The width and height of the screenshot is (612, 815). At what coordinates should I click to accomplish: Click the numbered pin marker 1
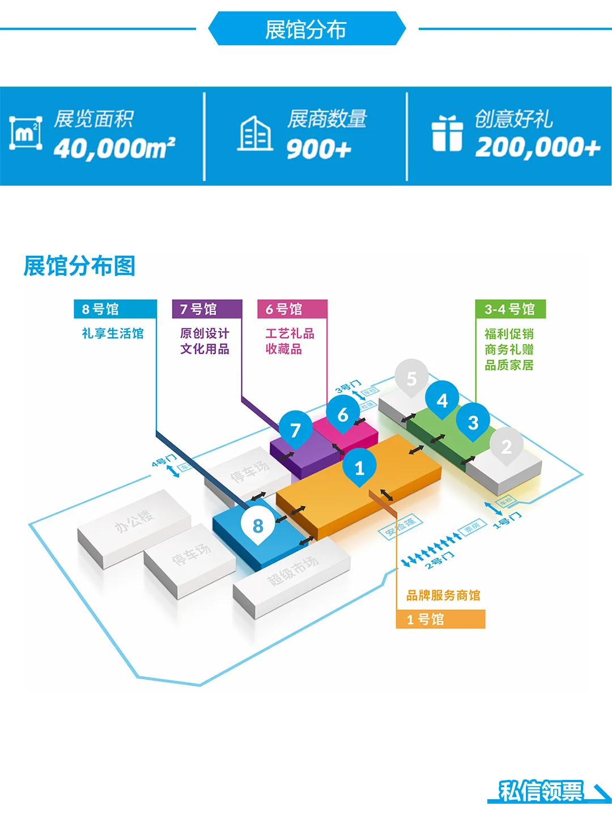359,466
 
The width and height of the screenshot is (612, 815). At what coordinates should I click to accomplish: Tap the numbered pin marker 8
258,525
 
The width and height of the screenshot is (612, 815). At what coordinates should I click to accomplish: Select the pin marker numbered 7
295,430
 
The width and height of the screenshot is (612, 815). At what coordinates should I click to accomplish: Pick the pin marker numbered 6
343,414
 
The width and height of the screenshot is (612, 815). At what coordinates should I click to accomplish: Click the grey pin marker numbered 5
411,378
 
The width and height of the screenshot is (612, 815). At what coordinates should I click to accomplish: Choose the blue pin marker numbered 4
443,400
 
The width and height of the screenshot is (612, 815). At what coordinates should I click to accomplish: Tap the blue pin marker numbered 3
473,422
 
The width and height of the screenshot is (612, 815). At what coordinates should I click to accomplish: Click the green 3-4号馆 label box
510,309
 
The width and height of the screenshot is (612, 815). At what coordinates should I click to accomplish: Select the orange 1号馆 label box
440,619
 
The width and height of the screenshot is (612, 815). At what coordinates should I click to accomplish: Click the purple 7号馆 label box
207,309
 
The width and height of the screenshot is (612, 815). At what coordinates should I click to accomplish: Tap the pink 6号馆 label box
292,309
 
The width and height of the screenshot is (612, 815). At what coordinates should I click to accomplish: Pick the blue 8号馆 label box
115,309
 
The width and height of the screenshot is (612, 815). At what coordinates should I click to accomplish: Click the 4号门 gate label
164,461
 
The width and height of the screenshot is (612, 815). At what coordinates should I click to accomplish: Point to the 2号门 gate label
440,560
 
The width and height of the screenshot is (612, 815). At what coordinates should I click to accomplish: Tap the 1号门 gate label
507,520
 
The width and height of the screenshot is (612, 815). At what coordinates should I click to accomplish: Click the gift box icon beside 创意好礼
447,134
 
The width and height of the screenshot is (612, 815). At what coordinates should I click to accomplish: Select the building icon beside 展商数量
254,134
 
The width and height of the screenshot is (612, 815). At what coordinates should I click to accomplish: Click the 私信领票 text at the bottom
541,791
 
